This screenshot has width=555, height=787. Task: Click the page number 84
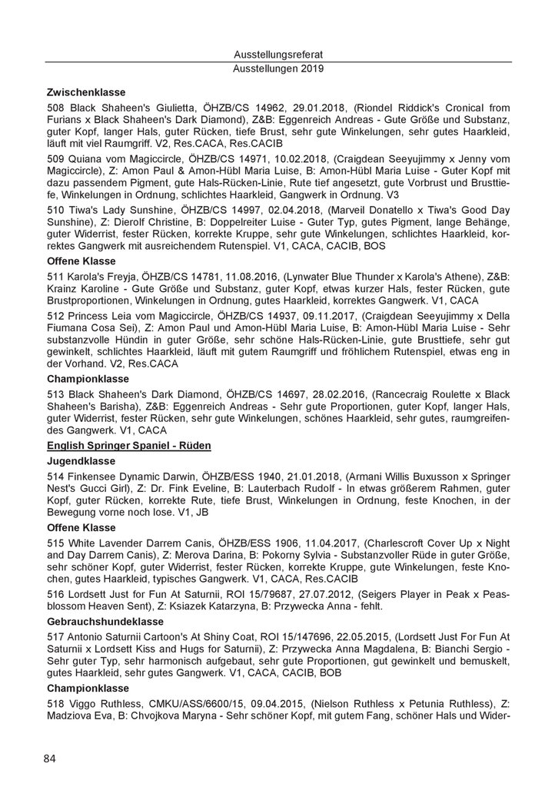(x=50, y=759)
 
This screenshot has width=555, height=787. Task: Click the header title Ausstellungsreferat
(x=277, y=55)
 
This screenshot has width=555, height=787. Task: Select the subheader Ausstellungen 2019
(x=277, y=68)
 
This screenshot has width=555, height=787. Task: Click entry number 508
(x=55, y=108)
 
